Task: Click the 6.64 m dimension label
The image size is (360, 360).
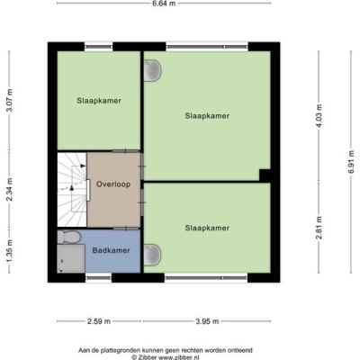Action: (x=164, y=4)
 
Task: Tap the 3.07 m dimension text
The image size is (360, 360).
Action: (x=10, y=101)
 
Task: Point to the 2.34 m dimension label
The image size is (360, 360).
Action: (x=10, y=190)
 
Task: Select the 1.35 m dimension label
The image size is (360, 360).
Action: (x=10, y=251)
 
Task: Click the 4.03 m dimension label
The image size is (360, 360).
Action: (x=319, y=115)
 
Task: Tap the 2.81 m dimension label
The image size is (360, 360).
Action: (x=319, y=228)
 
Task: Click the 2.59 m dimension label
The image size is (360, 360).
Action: (x=99, y=321)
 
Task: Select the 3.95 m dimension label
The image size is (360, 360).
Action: (x=207, y=321)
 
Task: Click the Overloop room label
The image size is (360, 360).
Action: (x=113, y=184)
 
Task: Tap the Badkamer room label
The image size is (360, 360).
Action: (x=111, y=250)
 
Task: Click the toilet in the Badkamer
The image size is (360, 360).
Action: (x=69, y=238)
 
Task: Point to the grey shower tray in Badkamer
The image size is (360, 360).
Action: (x=71, y=258)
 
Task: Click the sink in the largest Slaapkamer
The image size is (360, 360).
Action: (x=152, y=70)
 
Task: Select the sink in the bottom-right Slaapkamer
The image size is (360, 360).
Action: (x=152, y=255)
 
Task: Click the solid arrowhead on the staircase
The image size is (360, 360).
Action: (x=72, y=187)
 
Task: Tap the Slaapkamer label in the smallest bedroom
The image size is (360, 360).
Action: (x=99, y=101)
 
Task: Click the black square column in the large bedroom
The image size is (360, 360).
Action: (x=265, y=175)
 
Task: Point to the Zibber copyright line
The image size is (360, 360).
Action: (x=166, y=357)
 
